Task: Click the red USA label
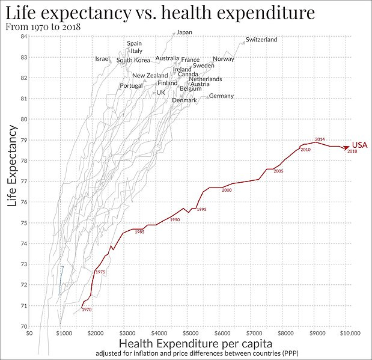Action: (359, 145)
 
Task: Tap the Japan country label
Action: (184, 32)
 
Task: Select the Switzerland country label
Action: (261, 40)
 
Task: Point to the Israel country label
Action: (103, 59)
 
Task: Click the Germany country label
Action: (221, 96)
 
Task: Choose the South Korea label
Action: (133, 60)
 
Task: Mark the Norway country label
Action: (224, 59)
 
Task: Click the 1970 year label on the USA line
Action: (87, 310)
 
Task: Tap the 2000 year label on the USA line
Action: (227, 191)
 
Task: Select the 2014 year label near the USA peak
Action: (320, 139)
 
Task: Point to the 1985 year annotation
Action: (139, 232)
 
